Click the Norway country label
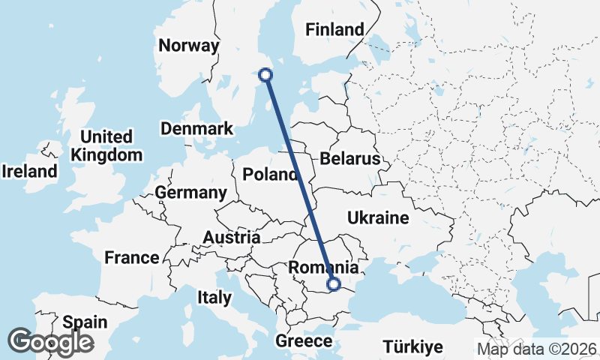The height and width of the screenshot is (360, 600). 188,45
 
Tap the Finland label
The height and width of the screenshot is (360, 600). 334,30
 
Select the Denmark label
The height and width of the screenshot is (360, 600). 197,129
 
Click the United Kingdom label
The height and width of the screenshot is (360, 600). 106,146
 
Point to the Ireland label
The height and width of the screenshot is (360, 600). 29,171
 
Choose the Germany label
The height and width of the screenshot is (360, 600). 190,193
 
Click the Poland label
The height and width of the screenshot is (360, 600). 270,175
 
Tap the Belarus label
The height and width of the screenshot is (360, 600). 350,159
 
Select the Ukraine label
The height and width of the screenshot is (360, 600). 378,218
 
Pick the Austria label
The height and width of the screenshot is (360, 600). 232,238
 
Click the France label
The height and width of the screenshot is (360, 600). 131,258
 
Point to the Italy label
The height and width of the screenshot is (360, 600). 214,297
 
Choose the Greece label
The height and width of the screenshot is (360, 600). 304,341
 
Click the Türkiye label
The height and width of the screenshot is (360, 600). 412,346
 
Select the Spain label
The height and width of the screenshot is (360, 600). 84,322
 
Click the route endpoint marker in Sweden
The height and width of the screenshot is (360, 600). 265,74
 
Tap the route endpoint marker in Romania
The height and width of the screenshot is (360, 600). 334,283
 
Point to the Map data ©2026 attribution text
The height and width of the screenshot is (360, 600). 537,349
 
